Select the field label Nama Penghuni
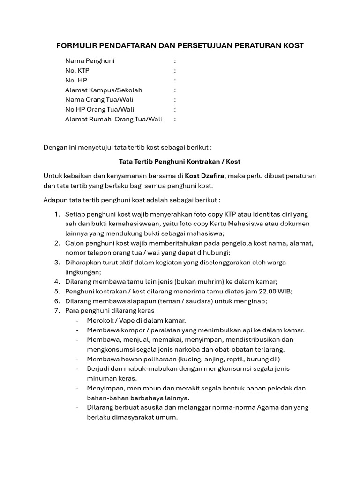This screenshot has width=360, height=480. click(90, 61)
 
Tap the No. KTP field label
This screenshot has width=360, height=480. click(77, 71)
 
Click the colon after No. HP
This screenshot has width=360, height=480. click(175, 81)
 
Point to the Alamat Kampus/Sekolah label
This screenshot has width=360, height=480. click(103, 90)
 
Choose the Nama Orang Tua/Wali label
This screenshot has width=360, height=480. click(99, 100)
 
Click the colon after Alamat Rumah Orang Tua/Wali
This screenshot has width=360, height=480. click(175, 120)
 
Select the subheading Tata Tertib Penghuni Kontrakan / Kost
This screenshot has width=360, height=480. click(180, 162)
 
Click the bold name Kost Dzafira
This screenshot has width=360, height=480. click(205, 176)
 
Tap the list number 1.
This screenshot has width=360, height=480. click(56, 214)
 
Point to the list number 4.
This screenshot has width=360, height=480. click(56, 282)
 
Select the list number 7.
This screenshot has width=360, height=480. click(56, 311)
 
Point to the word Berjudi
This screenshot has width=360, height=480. click(98, 369)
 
